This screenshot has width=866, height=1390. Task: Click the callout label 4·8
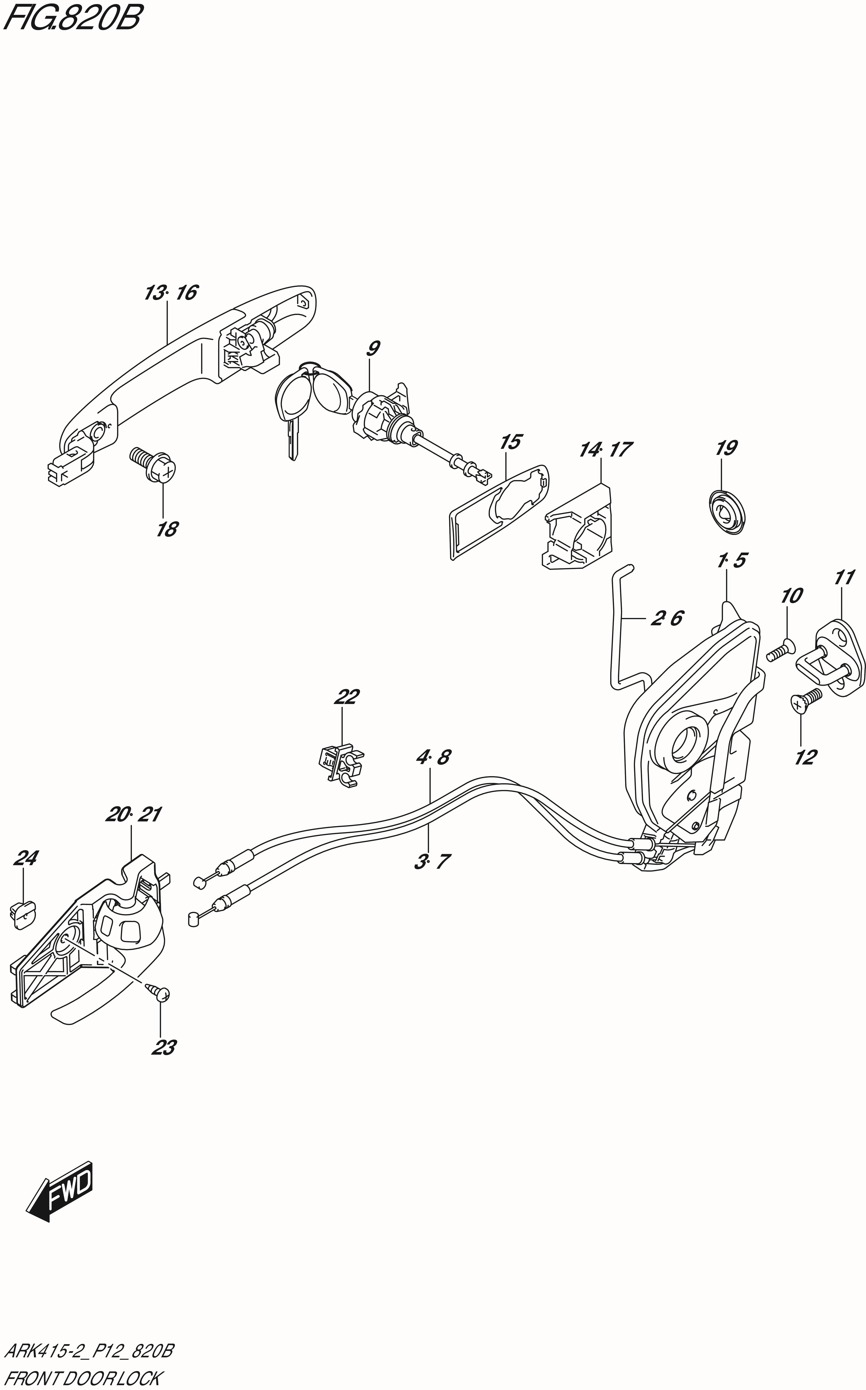click(433, 758)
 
